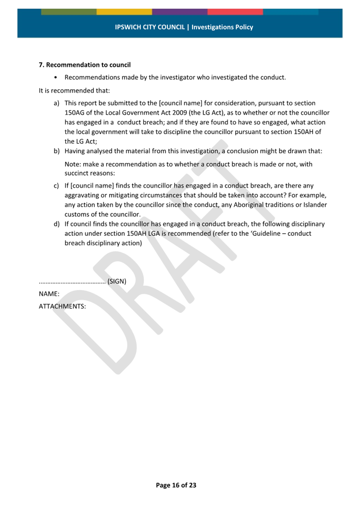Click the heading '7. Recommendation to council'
click(85, 65)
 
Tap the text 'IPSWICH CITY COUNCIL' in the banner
click(150, 27)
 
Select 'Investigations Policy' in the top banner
click(222, 27)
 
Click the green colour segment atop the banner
click(69, 12)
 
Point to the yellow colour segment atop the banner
click(124, 12)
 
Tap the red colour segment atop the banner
click(235, 12)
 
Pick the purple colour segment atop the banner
click(180, 12)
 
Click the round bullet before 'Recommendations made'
click(56, 78)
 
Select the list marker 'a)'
click(56, 103)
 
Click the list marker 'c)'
click(56, 186)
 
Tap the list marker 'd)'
click(56, 224)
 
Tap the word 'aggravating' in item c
click(82, 196)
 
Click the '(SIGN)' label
click(117, 281)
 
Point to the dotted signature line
click(72, 282)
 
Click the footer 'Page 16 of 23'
click(176, 485)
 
